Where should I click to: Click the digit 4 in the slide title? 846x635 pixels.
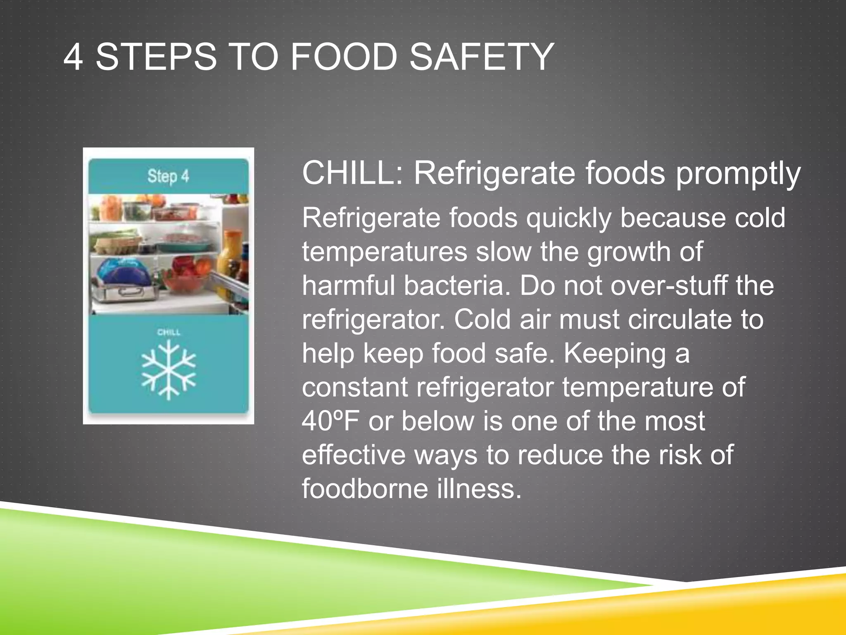(73, 57)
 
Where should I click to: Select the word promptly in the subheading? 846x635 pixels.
(738, 174)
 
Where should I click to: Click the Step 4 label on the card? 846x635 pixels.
(168, 177)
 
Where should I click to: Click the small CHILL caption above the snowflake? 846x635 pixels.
(169, 332)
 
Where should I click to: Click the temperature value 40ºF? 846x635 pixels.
(330, 421)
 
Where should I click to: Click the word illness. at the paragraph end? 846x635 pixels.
(479, 489)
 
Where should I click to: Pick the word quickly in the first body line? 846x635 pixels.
(568, 219)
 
